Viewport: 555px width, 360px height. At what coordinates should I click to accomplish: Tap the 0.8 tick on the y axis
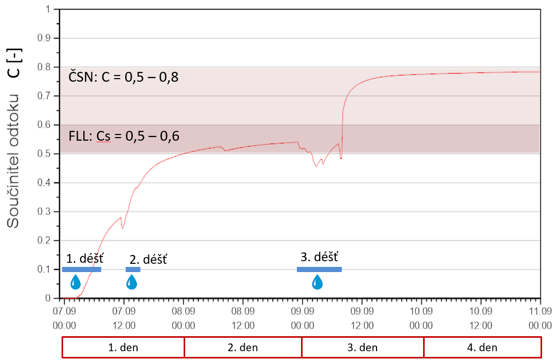(48, 67)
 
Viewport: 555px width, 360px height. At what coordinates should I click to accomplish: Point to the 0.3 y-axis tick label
(48, 212)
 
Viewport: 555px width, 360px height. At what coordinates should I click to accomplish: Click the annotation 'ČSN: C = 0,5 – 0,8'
(124, 78)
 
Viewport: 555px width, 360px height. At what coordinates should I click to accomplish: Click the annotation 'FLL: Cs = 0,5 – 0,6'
(124, 137)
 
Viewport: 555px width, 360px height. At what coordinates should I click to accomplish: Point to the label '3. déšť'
(319, 256)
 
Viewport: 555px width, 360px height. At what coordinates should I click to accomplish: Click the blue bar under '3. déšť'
(319, 269)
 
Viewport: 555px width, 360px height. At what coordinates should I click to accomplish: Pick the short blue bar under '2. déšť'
(133, 269)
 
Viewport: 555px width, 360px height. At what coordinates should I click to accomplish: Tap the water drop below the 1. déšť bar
(76, 282)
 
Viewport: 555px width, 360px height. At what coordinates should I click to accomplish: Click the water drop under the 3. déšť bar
(317, 282)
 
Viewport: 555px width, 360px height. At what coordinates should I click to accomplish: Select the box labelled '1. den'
(123, 347)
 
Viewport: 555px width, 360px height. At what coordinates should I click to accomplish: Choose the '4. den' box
(482, 347)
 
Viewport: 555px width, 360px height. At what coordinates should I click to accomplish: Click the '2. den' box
(243, 347)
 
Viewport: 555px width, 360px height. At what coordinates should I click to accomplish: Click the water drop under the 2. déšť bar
(132, 282)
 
